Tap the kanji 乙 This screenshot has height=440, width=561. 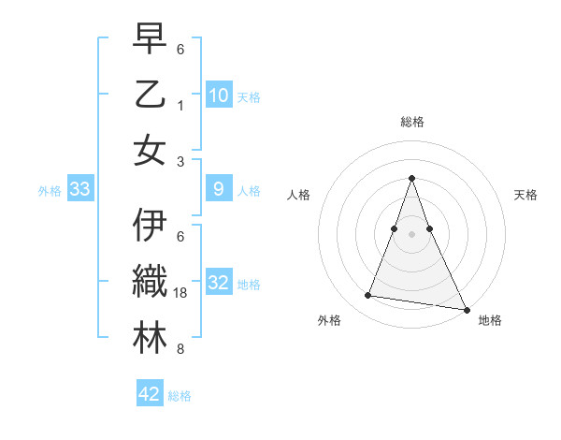coord(150,95)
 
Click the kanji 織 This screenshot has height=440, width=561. coord(150,283)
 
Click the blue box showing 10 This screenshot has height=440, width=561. coord(218,95)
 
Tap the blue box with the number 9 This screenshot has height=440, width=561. coord(218,189)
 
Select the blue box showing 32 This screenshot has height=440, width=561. coord(218,283)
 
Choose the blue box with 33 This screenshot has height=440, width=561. coord(79,190)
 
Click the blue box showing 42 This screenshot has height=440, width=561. coord(150,394)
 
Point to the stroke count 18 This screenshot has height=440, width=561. coord(181,293)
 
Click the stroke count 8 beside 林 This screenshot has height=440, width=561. coord(180,349)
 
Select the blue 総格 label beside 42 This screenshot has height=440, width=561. coord(180,396)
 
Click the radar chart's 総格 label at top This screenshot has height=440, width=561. coord(411,122)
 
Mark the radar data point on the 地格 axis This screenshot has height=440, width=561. coord(465,309)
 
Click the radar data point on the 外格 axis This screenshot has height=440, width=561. coord(367,296)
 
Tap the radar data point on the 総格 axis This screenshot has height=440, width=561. coord(411,179)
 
